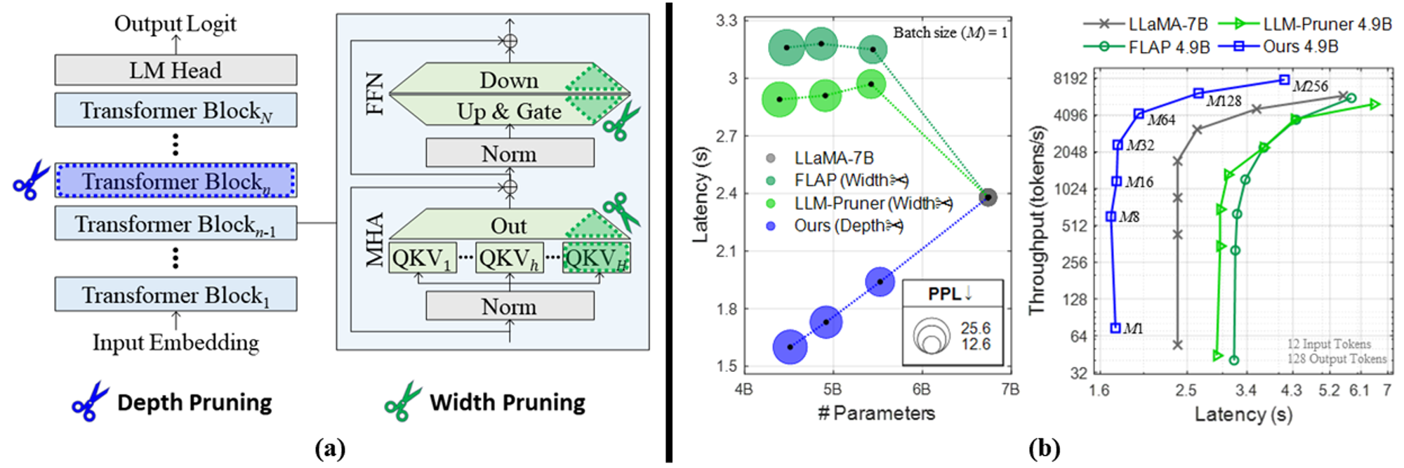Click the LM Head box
coord(175,70)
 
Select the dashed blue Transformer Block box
coord(175,181)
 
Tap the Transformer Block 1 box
coord(175,295)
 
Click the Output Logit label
coord(175,24)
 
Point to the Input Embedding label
coord(175,342)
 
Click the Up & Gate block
coord(510,110)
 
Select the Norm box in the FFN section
coord(510,153)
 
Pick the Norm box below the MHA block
coord(510,306)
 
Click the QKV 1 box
coord(423,258)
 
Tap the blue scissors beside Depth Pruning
coord(90,402)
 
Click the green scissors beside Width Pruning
coord(403,402)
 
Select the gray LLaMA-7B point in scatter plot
coord(988,197)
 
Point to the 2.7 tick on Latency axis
coord(727,136)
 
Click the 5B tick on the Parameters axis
coord(833,389)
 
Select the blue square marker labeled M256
coord(1284,80)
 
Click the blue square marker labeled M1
coord(1115,328)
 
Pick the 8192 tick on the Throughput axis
coord(1071,78)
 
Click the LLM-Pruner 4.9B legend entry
coord(1306,24)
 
